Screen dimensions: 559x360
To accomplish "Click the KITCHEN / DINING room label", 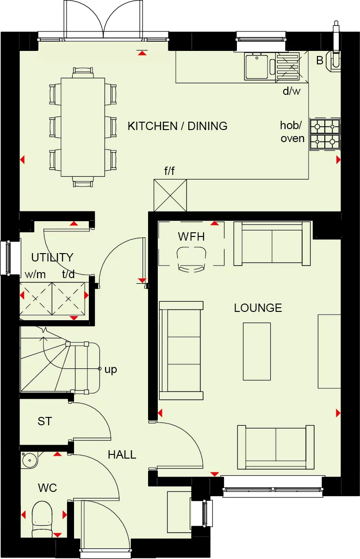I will (x=177, y=126).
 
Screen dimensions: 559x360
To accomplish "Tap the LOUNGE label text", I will (x=258, y=308).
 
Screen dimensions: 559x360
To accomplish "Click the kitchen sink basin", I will (x=256, y=66).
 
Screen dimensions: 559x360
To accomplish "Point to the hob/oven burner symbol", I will (x=325, y=134).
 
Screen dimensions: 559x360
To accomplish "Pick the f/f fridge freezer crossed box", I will (x=170, y=195).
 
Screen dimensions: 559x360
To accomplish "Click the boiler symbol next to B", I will (x=335, y=60).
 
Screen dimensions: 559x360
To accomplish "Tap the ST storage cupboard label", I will (x=44, y=421).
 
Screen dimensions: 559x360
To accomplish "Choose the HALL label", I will (x=122, y=454).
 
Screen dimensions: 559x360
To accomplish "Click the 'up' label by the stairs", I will (x=111, y=369).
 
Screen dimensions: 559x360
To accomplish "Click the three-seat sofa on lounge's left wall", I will (x=181, y=350).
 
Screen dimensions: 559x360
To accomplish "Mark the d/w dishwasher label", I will (x=292, y=91).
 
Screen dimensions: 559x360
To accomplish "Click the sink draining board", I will (x=287, y=66).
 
